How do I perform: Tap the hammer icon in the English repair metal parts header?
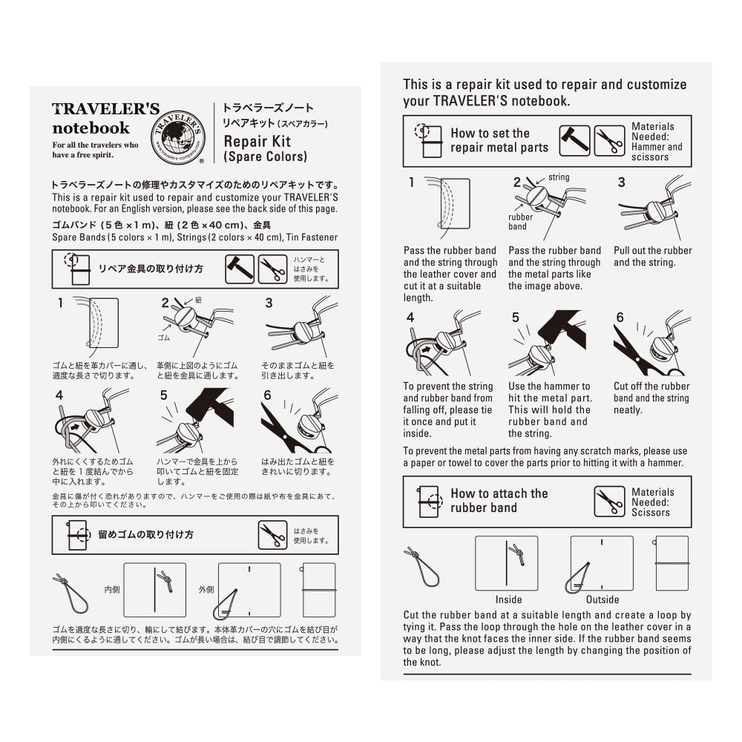574,141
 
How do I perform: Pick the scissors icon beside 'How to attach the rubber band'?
609,502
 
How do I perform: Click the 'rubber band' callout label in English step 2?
520,222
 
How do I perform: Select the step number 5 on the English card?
516,318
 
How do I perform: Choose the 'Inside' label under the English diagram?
508,600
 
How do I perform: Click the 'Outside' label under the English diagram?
603,600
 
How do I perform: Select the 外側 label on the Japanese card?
206,589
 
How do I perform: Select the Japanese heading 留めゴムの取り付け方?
145,534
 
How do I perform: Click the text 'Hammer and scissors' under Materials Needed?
657,152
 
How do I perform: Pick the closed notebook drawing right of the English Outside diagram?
672,563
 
